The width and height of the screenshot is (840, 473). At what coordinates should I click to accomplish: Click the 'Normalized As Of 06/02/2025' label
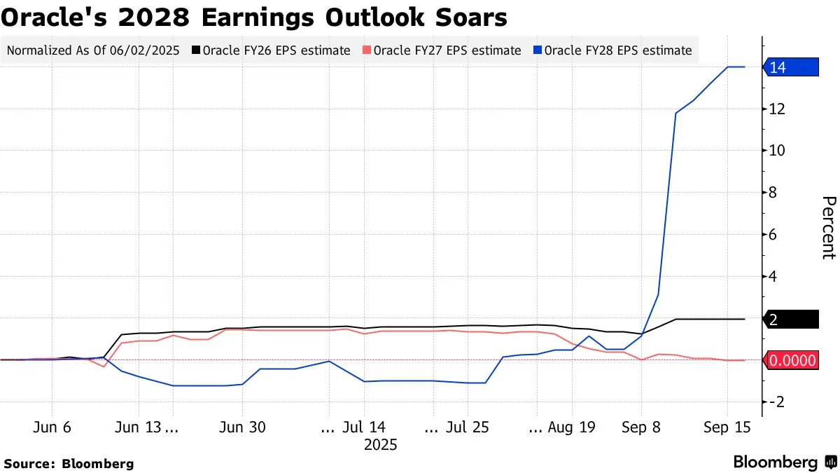(93, 50)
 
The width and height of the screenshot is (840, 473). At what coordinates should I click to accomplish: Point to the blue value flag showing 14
(791, 67)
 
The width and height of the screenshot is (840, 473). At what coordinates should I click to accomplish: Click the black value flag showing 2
(791, 320)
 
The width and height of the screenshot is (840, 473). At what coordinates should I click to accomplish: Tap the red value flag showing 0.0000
(792, 361)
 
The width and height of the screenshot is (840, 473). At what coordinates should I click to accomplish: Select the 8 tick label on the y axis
(773, 193)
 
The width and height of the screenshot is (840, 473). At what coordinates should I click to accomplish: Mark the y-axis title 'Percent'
(827, 228)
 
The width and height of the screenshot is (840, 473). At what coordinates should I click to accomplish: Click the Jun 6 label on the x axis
(52, 427)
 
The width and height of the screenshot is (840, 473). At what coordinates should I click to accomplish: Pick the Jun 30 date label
(242, 427)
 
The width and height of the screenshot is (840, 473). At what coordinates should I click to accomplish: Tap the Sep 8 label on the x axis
(641, 427)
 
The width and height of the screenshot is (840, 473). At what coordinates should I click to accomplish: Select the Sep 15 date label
(727, 427)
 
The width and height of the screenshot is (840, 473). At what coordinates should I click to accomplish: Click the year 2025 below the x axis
(380, 444)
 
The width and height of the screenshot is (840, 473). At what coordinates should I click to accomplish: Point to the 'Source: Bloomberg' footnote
(69, 463)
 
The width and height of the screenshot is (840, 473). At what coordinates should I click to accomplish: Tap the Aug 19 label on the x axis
(571, 427)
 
